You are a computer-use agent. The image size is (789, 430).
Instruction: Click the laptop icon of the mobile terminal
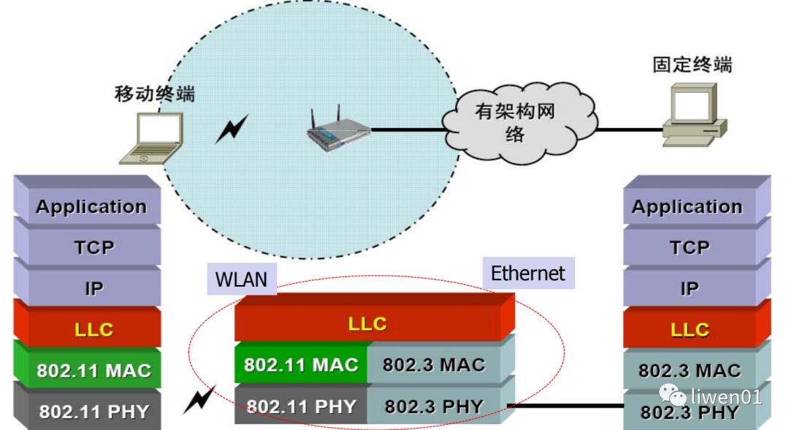[152, 138]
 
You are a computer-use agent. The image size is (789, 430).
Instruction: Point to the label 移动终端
[155, 94]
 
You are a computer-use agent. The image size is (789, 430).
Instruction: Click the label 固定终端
[692, 64]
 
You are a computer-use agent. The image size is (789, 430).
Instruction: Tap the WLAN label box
[242, 279]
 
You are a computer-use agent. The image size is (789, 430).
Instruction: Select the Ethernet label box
[527, 274]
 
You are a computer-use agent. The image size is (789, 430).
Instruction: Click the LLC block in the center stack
[367, 324]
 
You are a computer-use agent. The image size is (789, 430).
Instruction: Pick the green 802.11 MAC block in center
[301, 364]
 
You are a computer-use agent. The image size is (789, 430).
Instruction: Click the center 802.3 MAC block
[434, 364]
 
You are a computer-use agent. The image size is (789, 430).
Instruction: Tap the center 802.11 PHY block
[301, 405]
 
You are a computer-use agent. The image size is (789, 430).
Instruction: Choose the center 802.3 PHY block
[434, 405]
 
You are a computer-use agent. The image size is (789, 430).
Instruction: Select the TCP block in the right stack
[690, 248]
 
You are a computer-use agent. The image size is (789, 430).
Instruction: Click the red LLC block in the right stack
[690, 330]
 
